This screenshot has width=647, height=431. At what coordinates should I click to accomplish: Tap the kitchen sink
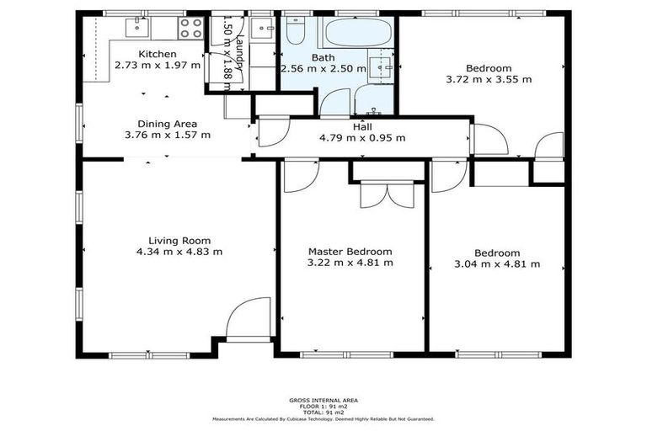(x=138, y=28)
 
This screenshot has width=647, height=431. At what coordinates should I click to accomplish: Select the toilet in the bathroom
(x=295, y=31)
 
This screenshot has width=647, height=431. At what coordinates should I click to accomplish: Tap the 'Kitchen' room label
(x=158, y=55)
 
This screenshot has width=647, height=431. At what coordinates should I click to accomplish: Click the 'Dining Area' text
(x=168, y=123)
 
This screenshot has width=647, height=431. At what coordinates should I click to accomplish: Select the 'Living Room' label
(x=179, y=240)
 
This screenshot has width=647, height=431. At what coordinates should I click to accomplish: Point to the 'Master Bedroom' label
(x=350, y=252)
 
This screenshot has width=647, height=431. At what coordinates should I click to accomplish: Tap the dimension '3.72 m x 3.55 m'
(x=489, y=80)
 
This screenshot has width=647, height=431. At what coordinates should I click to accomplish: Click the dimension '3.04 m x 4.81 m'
(x=496, y=263)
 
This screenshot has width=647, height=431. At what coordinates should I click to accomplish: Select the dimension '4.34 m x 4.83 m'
(x=179, y=251)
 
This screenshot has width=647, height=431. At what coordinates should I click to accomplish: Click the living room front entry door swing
(x=249, y=318)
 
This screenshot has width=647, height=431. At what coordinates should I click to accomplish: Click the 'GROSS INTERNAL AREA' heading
(x=323, y=402)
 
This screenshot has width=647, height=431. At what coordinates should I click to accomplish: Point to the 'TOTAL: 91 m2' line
(x=323, y=413)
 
